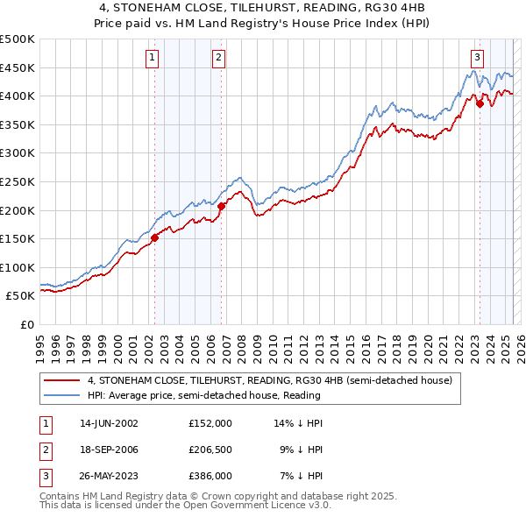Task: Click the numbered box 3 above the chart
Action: tap(477, 58)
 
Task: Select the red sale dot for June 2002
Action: tap(154, 237)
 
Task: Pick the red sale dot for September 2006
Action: tap(221, 206)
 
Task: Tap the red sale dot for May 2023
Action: tap(480, 103)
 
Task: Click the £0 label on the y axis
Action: tap(27, 324)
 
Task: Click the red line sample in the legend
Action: tap(62, 380)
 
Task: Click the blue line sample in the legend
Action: tap(62, 395)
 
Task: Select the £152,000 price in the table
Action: tap(210, 422)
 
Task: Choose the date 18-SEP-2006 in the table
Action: tap(108, 450)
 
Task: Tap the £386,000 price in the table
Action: tap(210, 477)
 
